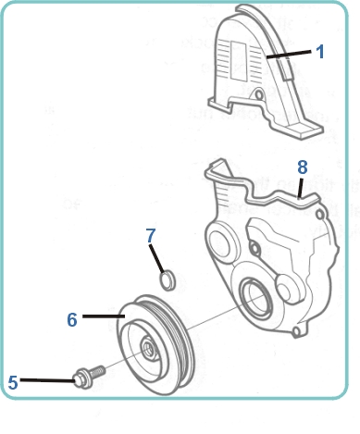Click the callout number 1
(x=319, y=52)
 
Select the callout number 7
(x=151, y=236)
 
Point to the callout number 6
(x=71, y=319)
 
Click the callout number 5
(x=13, y=380)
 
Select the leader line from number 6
(x=102, y=316)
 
